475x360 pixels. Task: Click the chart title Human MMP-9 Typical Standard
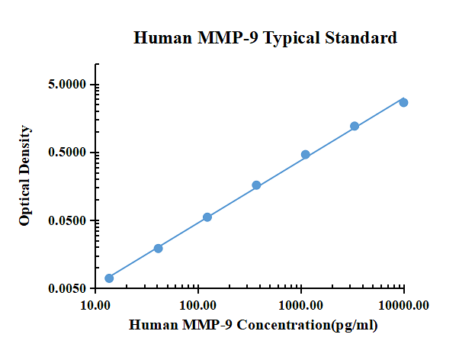(x=265, y=38)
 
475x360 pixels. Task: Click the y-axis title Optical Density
(x=25, y=175)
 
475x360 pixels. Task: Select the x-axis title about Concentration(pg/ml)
(x=253, y=326)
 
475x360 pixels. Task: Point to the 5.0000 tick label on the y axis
(x=66, y=85)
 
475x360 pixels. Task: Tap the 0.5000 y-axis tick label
(x=66, y=153)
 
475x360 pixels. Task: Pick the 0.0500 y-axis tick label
(x=66, y=221)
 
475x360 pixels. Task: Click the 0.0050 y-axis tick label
(x=66, y=289)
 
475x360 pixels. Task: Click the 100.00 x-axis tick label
(x=198, y=306)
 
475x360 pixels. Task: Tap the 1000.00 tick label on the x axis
(x=301, y=306)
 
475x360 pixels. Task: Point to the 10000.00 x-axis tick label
(x=404, y=306)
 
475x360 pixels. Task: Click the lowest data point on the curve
(x=109, y=278)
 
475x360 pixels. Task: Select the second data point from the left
(x=158, y=248)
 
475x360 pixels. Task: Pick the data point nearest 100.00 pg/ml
(x=207, y=217)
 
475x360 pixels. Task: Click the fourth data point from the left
(x=256, y=185)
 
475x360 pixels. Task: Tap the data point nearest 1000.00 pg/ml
(x=306, y=155)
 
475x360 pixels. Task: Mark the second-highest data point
(x=355, y=126)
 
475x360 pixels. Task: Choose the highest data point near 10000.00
(x=403, y=102)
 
